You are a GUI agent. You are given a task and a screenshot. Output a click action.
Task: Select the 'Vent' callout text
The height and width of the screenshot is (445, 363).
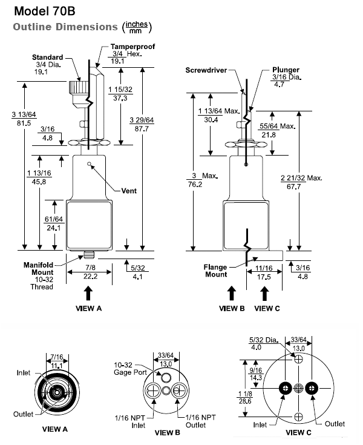pos(128,191)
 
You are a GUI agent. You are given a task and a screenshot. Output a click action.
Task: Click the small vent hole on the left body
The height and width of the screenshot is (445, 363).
pos(89,163)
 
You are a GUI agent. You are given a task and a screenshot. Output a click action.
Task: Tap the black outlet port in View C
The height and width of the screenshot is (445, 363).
pos(312,387)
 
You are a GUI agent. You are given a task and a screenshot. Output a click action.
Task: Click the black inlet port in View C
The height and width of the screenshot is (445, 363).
pos(283,387)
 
